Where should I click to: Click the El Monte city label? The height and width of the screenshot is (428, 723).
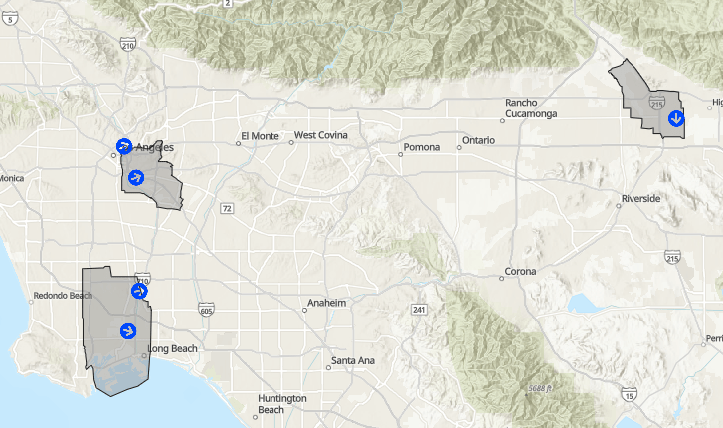(260, 136)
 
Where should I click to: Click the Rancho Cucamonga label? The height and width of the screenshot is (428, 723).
(534, 108)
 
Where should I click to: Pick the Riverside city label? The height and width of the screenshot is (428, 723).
(640, 199)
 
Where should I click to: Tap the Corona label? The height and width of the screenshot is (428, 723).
(520, 272)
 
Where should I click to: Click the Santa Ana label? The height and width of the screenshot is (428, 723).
(353, 360)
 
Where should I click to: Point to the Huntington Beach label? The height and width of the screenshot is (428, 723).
(282, 404)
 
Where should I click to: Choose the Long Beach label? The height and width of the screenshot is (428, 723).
(173, 349)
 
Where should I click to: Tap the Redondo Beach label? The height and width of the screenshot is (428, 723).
(63, 296)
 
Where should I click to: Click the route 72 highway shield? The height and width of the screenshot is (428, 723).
(227, 208)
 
